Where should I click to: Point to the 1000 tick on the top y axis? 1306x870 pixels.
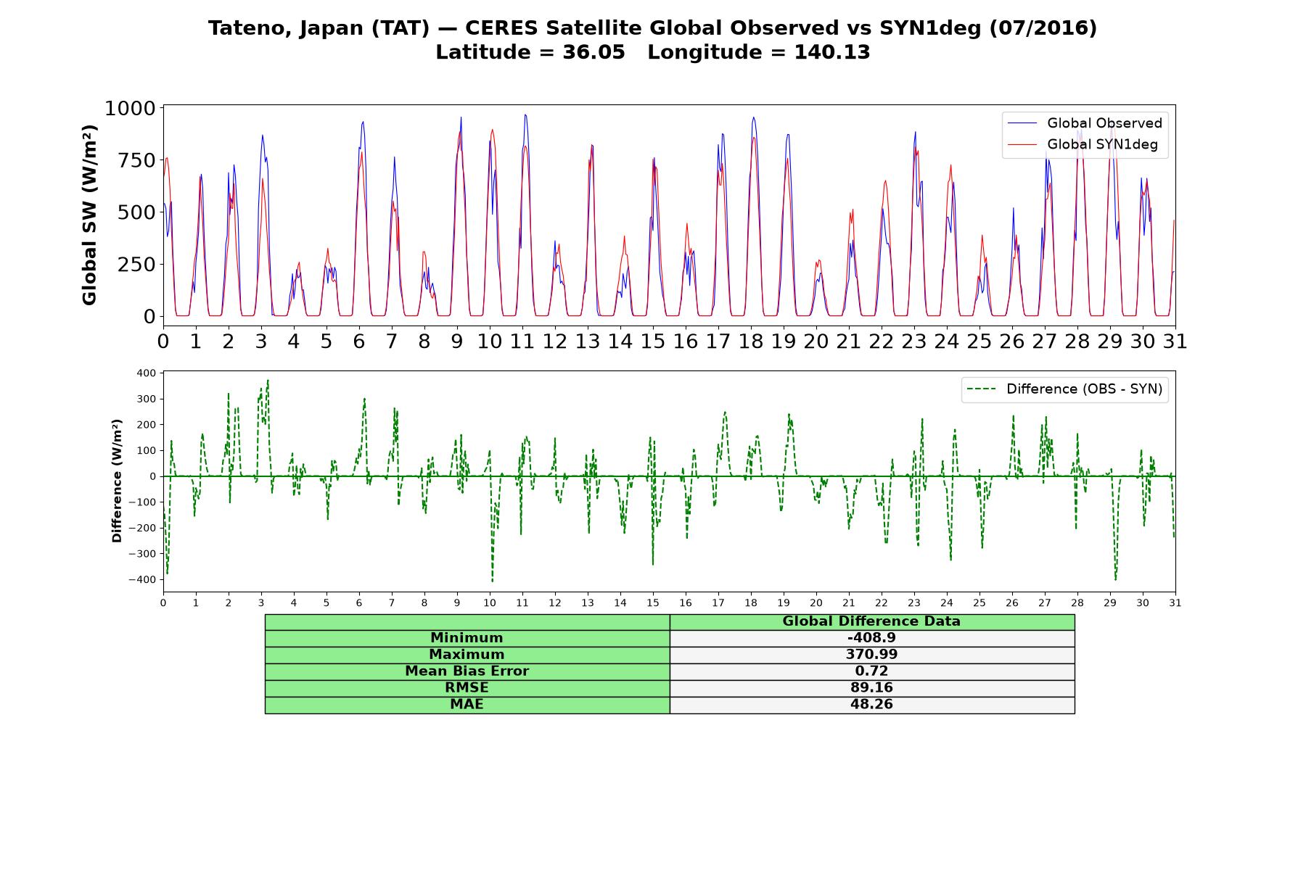(x=130, y=109)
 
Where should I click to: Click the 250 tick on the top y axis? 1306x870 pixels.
(x=136, y=265)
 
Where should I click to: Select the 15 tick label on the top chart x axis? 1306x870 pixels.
(x=652, y=341)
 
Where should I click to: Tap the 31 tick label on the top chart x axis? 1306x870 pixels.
(x=1175, y=341)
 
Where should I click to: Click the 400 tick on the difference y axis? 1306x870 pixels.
(x=146, y=373)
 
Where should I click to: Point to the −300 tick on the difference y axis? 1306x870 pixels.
(x=142, y=554)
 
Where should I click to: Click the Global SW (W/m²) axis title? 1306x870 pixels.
(x=89, y=215)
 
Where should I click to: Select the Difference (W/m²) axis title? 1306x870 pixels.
(x=117, y=481)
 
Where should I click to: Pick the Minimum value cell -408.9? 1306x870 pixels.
(x=871, y=638)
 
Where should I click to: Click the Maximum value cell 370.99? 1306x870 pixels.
(x=871, y=655)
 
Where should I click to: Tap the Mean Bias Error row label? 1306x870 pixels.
(x=467, y=671)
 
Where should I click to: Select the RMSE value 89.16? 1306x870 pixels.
(x=871, y=688)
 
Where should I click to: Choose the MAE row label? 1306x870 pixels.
(x=467, y=705)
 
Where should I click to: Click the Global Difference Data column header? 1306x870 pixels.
(x=871, y=621)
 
